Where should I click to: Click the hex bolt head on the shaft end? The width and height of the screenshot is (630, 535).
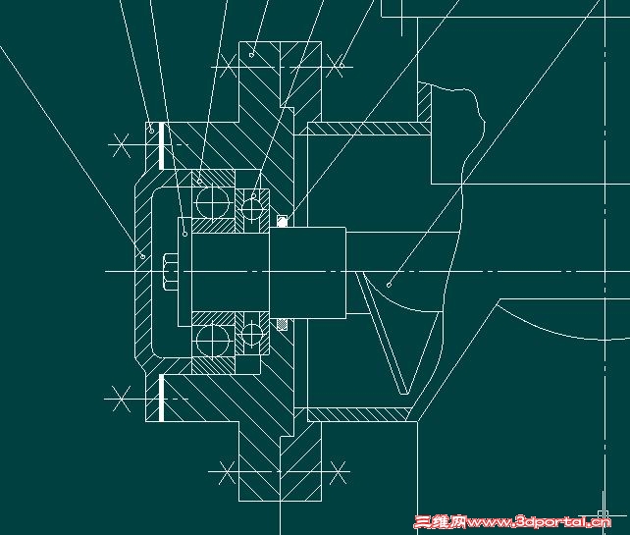click(171, 272)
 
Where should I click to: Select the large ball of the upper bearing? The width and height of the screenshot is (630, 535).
click(213, 202)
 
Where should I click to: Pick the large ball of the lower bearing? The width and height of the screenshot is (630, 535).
click(213, 341)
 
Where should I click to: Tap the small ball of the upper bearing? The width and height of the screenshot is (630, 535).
click(252, 209)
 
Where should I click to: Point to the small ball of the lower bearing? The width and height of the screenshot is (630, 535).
click(252, 334)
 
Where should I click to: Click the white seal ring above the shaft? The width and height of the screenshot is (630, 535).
click(283, 221)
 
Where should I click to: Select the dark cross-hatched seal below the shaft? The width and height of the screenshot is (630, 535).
click(283, 324)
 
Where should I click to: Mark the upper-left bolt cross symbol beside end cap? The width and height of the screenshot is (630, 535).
click(121, 145)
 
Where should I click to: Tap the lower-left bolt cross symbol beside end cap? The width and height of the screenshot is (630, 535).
click(121, 399)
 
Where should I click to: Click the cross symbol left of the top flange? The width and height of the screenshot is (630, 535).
click(228, 67)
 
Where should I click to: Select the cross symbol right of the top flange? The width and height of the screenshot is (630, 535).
click(335, 66)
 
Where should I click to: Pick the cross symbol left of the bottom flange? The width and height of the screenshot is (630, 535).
click(227, 472)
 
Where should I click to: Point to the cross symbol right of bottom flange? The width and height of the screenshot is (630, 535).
click(338, 472)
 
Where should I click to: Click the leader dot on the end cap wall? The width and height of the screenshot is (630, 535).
click(142, 256)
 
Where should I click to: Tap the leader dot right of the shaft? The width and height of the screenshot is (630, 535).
click(389, 285)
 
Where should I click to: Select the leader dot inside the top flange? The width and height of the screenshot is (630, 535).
click(251, 55)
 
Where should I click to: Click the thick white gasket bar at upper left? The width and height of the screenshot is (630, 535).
click(162, 145)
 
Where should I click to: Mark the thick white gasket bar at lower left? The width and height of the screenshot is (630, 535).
click(162, 398)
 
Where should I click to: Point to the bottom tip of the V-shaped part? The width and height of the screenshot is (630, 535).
click(403, 394)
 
